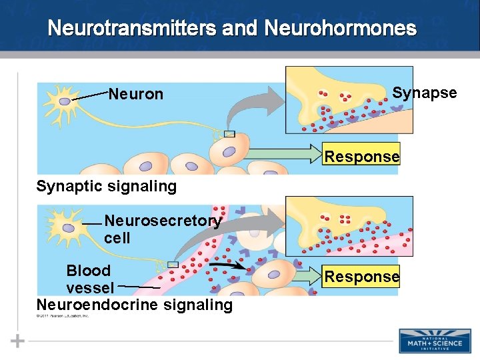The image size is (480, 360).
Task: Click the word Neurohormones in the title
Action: coord(340,29)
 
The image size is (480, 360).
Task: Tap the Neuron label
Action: coord(135,94)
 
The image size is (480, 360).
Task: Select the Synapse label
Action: coord(424,93)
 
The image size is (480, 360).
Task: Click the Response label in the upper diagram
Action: coord(361,157)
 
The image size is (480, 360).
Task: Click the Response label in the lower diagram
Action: coord(361,276)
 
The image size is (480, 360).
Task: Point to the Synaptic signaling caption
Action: coord(107,186)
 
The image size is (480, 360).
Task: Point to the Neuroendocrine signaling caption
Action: coord(135,305)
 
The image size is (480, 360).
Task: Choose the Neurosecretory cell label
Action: coord(162,229)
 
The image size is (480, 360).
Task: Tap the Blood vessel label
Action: coord(90,279)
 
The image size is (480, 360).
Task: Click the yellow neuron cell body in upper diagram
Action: coord(63,101)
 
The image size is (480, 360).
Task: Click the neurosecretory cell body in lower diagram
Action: coord(68,227)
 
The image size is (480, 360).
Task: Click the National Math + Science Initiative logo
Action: coord(434,340)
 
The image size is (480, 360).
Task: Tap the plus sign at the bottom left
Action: coord(18,341)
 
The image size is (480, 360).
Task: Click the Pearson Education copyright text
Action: coord(63,315)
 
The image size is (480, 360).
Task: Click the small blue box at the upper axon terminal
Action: coord(229,134)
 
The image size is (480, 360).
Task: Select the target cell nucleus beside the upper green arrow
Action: coord(229,152)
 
